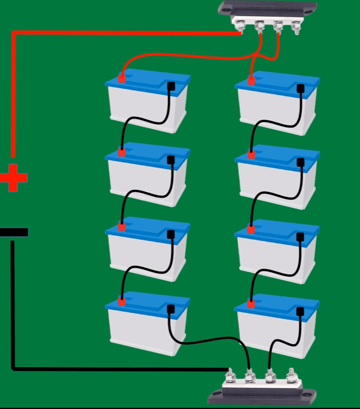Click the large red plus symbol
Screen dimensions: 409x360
pos(13,178)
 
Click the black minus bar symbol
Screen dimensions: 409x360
pos(14,232)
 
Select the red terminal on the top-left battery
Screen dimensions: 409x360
pos(122,79)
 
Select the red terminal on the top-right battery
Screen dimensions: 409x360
pos(251,80)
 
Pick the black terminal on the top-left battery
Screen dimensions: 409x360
pos(171,87)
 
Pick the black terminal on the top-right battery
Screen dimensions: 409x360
pos(300,88)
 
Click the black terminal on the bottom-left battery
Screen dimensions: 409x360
pos(170,309)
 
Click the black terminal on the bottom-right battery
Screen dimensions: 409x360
pos(300,311)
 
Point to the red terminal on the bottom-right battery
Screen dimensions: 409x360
pos(251,303)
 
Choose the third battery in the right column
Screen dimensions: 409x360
pos(277,251)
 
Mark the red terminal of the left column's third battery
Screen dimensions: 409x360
pos(122,227)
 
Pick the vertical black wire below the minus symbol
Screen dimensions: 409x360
pos(13,305)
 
